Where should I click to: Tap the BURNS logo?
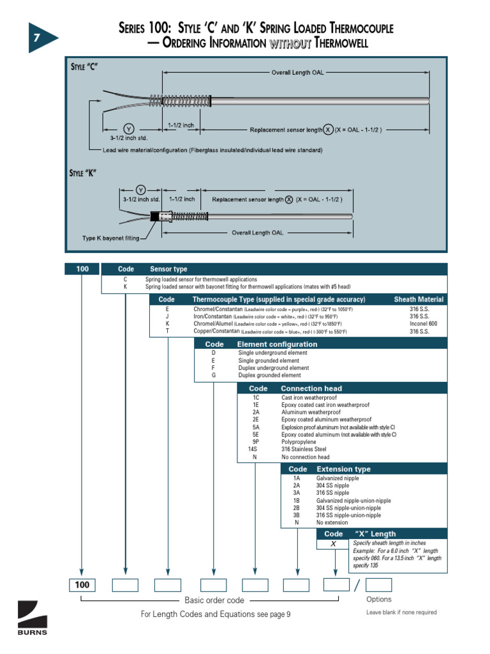tap(31, 619)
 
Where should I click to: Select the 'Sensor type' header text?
tap(168, 270)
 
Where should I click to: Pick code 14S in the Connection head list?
tap(255, 450)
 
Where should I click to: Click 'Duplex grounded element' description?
tap(269, 376)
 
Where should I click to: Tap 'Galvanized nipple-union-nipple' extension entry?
tap(353, 501)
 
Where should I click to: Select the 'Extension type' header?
tap(343, 469)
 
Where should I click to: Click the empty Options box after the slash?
tap(378, 585)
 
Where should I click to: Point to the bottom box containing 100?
tap(82, 585)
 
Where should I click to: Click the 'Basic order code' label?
tap(214, 600)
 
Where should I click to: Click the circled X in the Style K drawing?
tap(288, 199)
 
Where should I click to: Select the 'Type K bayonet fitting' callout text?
tap(110, 238)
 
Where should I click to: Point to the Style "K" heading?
tap(82, 173)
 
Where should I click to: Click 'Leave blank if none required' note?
tap(401, 612)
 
